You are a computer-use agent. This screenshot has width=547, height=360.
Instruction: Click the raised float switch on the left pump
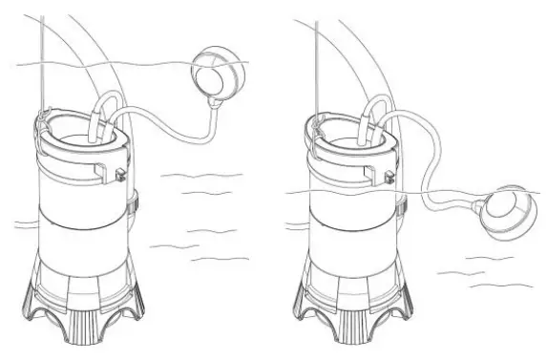[216, 74]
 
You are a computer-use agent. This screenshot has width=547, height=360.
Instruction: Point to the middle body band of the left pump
[84, 229]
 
